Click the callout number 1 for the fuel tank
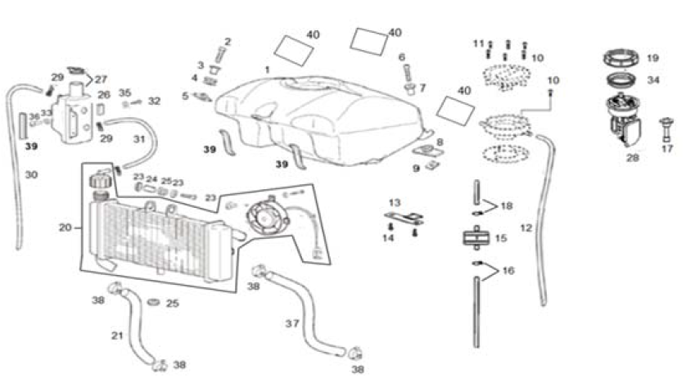click(267, 70)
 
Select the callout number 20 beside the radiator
click(65, 227)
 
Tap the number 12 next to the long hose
click(526, 227)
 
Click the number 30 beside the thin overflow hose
click(31, 174)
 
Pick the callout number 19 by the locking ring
click(652, 58)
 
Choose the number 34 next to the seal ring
click(652, 80)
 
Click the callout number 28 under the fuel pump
click(632, 157)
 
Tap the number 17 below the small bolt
click(667, 149)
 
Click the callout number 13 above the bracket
click(395, 202)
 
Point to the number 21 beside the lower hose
click(117, 336)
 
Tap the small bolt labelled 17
click(666, 128)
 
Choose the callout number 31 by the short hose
click(139, 138)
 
